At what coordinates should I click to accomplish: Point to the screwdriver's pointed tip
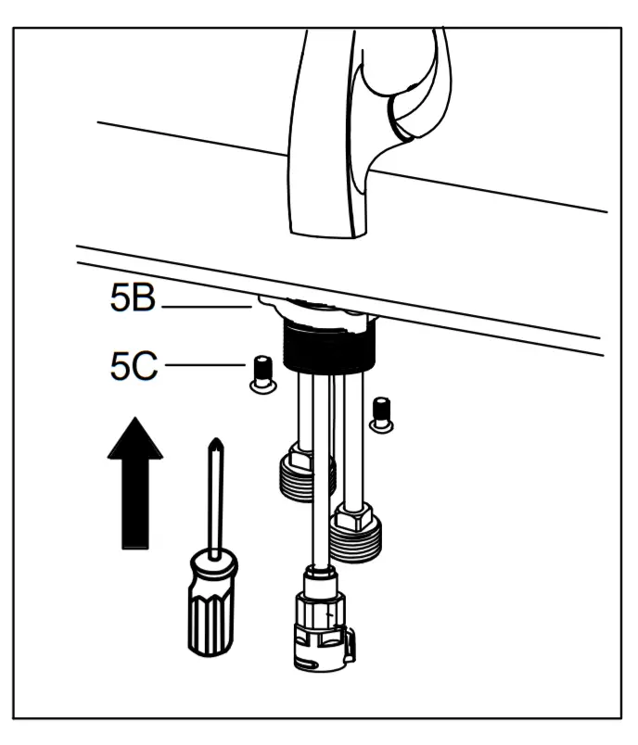pyautogui.click(x=214, y=444)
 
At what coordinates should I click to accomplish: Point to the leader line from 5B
pyautogui.click(x=204, y=305)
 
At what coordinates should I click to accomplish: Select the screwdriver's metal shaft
pyautogui.click(x=215, y=500)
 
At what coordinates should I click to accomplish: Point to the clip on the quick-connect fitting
pyautogui.click(x=350, y=645)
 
